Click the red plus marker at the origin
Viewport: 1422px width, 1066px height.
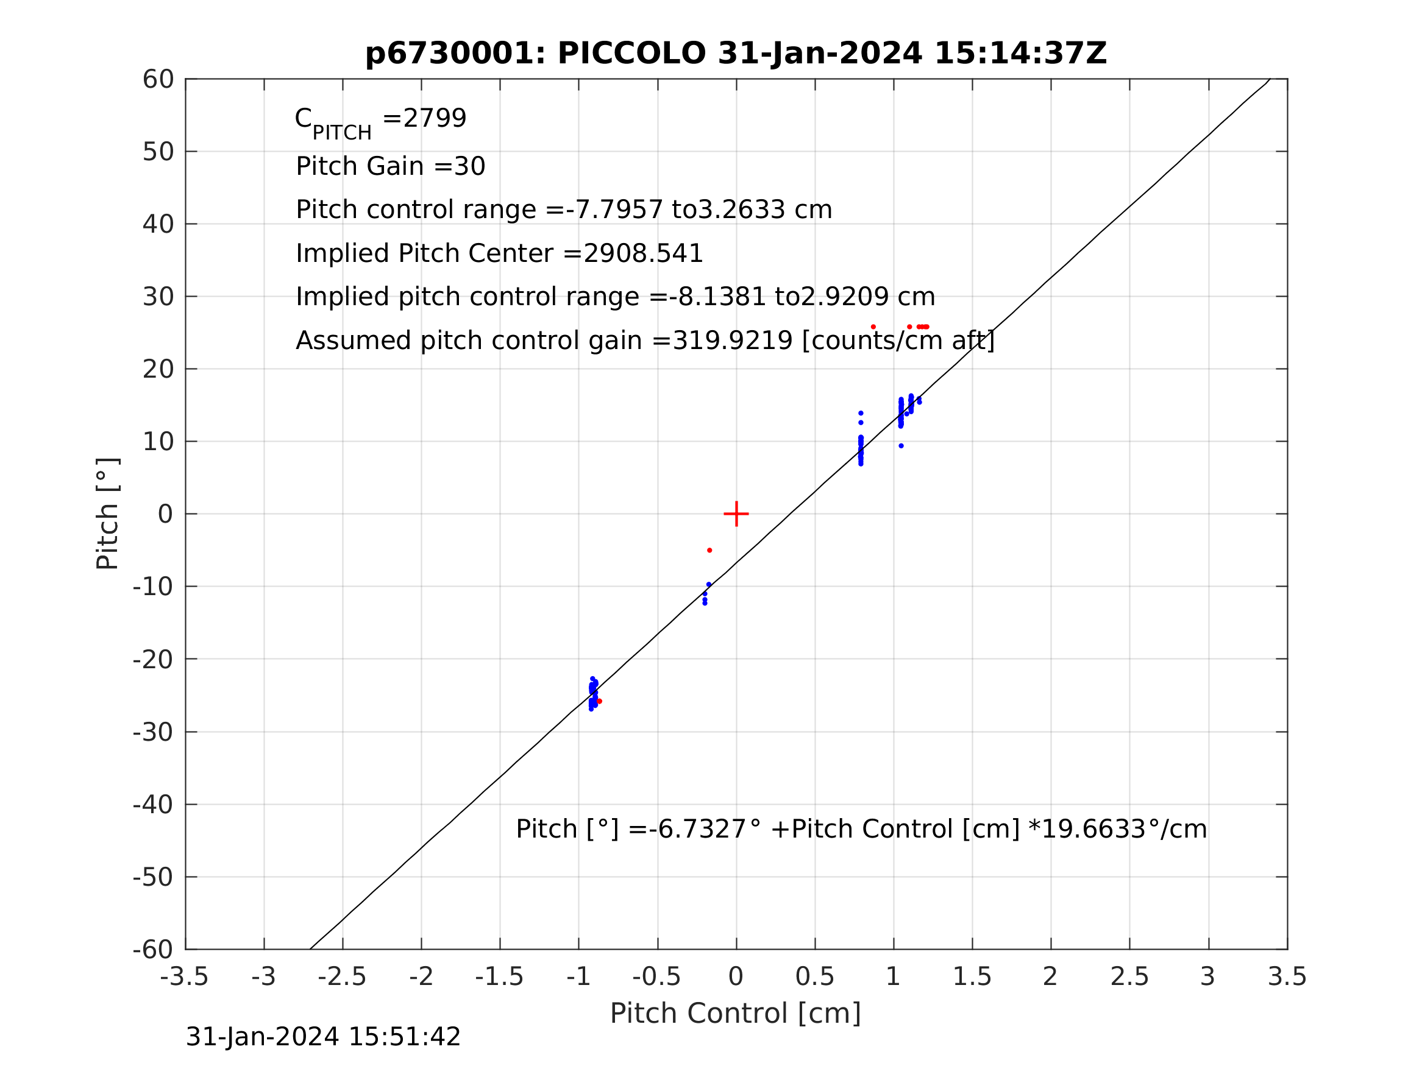[x=736, y=514]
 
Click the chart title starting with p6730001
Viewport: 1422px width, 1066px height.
[x=736, y=54]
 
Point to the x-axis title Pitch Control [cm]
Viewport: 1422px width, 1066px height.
[x=736, y=1014]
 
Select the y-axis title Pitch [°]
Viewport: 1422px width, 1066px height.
[x=107, y=514]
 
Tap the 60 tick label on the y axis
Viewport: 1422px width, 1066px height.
[x=158, y=80]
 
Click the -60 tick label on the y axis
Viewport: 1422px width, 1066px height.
[x=153, y=950]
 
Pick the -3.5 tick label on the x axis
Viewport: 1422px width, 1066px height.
[x=185, y=977]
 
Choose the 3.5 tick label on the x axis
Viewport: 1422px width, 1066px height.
[x=1287, y=977]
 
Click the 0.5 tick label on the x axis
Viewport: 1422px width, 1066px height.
[x=814, y=977]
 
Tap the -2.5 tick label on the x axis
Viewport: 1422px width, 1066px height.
[x=342, y=977]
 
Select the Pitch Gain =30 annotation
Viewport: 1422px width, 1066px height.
[x=390, y=166]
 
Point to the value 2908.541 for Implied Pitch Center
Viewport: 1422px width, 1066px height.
[x=642, y=254]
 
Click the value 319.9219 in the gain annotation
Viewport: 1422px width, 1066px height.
[x=731, y=341]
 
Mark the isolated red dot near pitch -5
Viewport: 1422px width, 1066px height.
[x=709, y=551]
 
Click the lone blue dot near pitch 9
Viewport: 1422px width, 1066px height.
[x=901, y=446]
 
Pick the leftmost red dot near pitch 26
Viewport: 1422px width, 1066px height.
[x=873, y=327]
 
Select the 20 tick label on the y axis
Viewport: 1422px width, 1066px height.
[x=158, y=370]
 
